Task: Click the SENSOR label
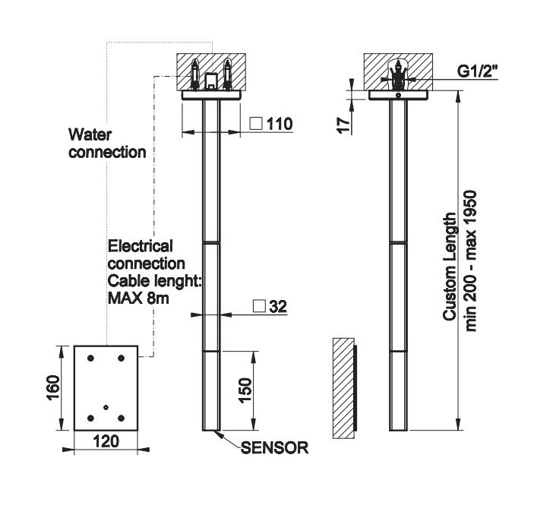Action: coord(275,448)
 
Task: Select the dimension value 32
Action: coord(278,307)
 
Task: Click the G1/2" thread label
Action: coord(479,71)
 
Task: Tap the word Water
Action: coord(90,135)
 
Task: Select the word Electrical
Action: coord(141,246)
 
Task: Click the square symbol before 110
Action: coord(256,124)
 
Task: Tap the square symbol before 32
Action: coord(259,307)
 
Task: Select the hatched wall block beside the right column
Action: coord(343,388)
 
